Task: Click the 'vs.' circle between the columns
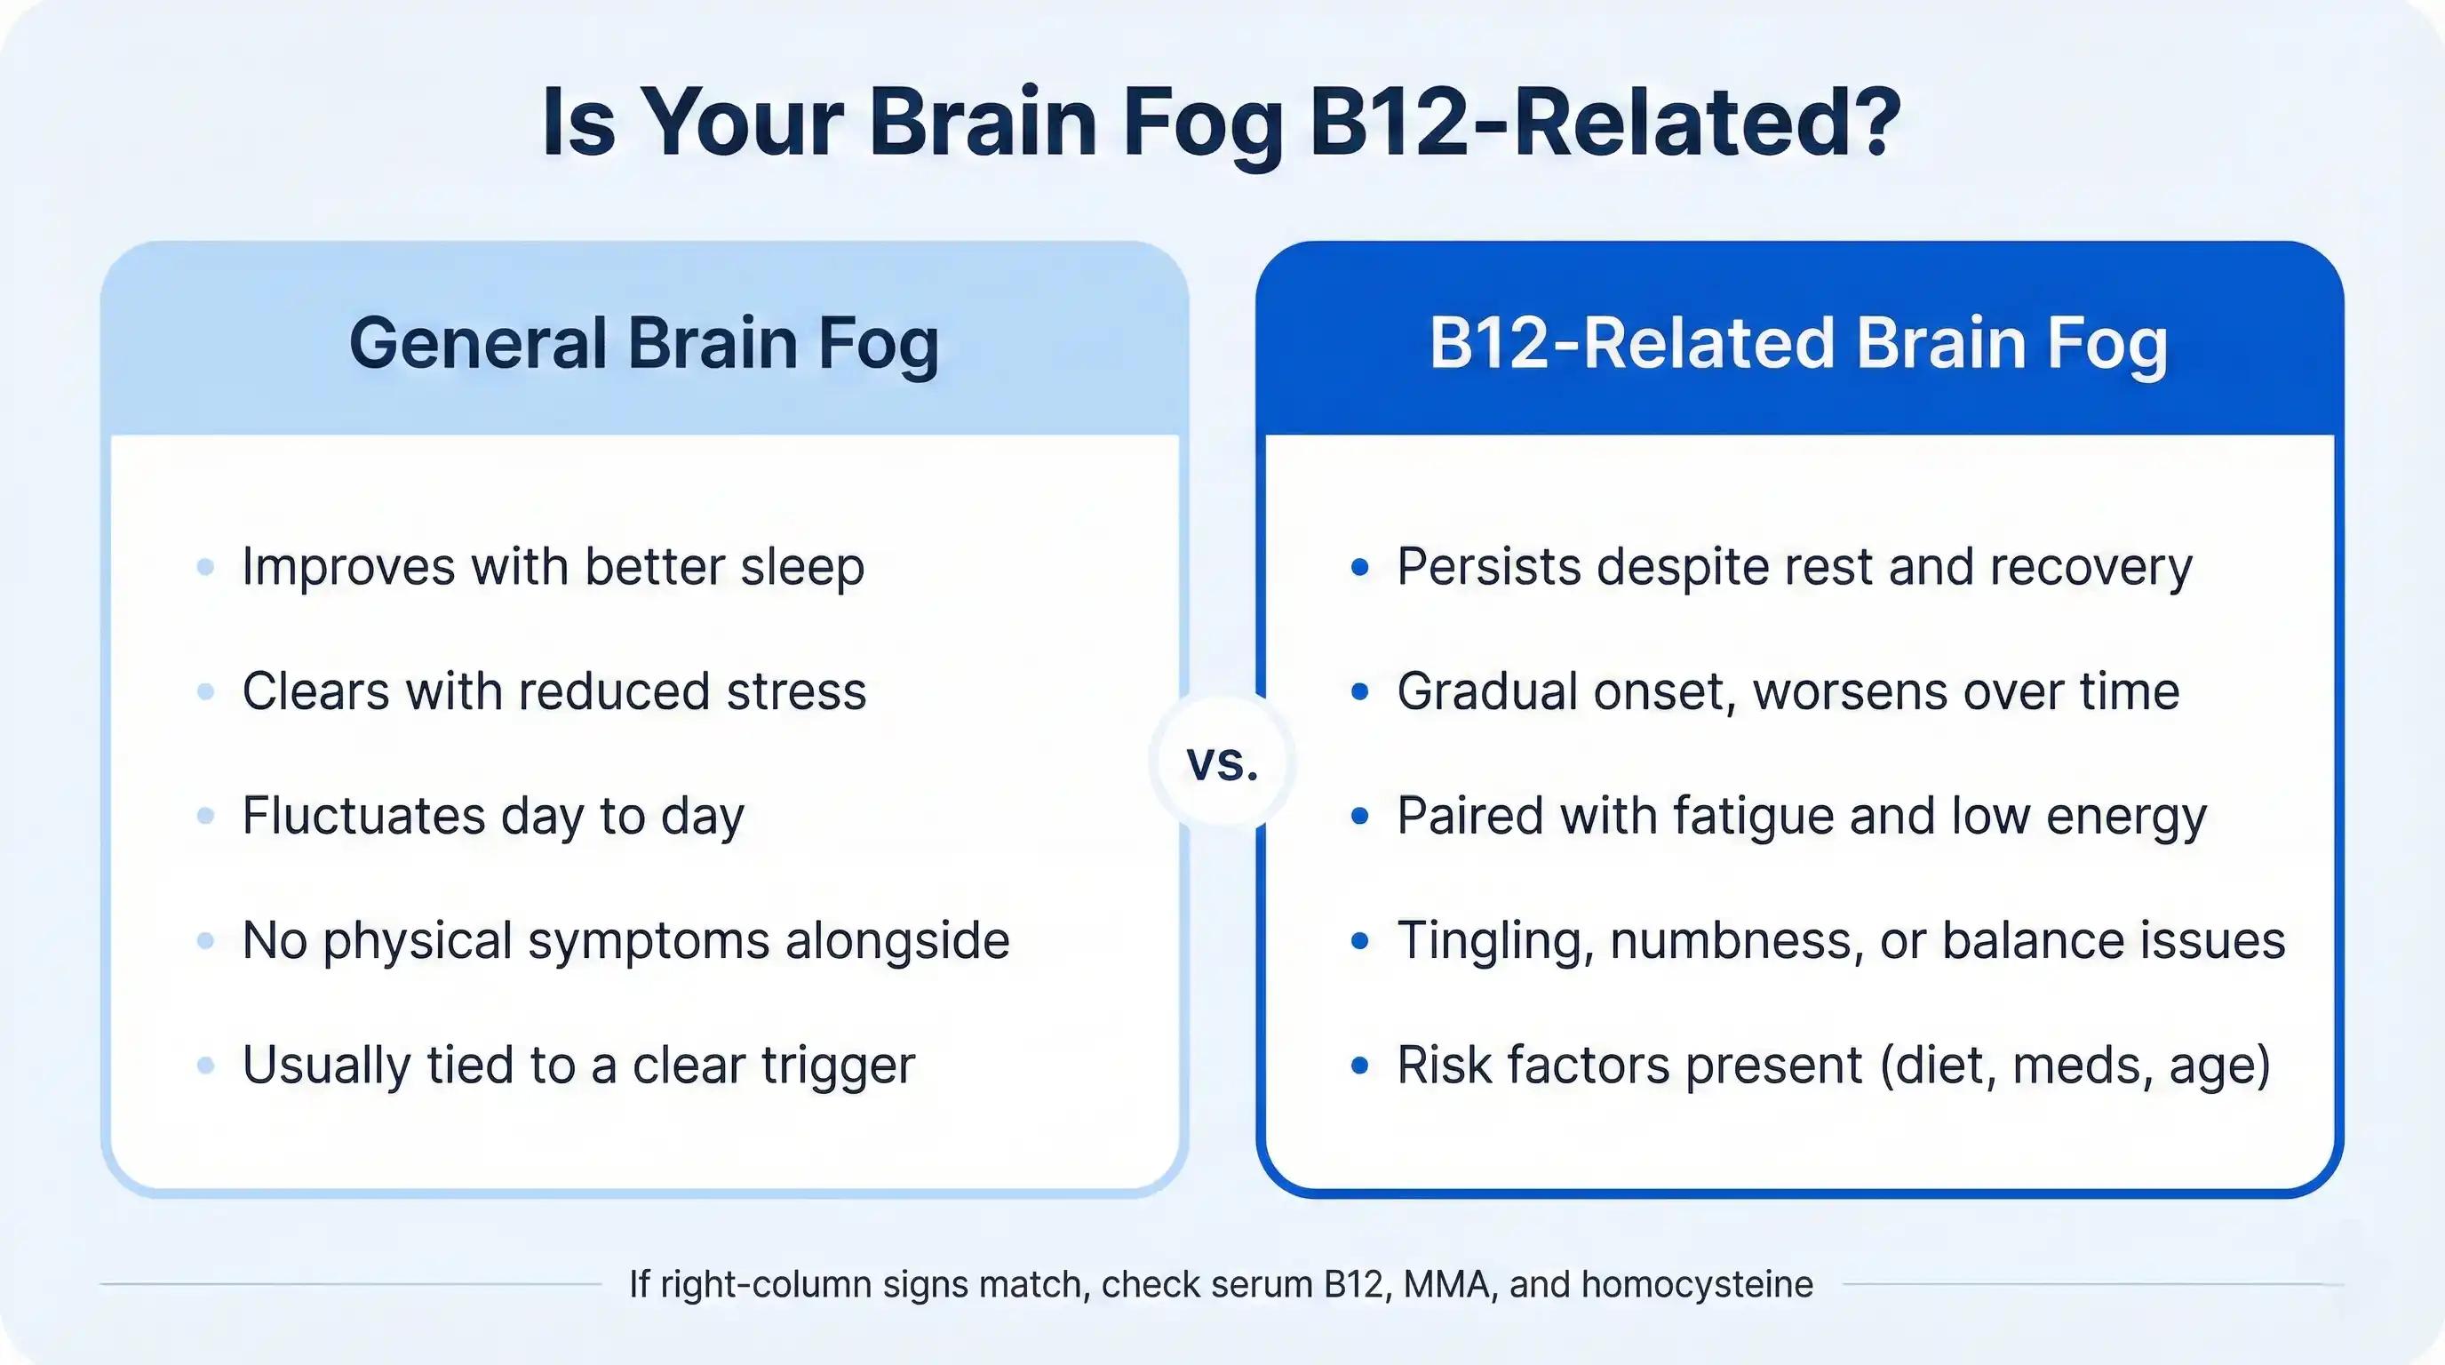click(1222, 762)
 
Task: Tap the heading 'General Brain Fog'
click(644, 343)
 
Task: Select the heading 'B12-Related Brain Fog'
click(1798, 343)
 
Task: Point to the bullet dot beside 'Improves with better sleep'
click(205, 568)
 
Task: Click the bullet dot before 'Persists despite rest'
click(1360, 568)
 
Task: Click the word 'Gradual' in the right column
click(1487, 691)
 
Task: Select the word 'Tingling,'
click(1495, 941)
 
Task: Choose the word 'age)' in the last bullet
click(2220, 1065)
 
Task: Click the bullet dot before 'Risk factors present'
click(1360, 1065)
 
